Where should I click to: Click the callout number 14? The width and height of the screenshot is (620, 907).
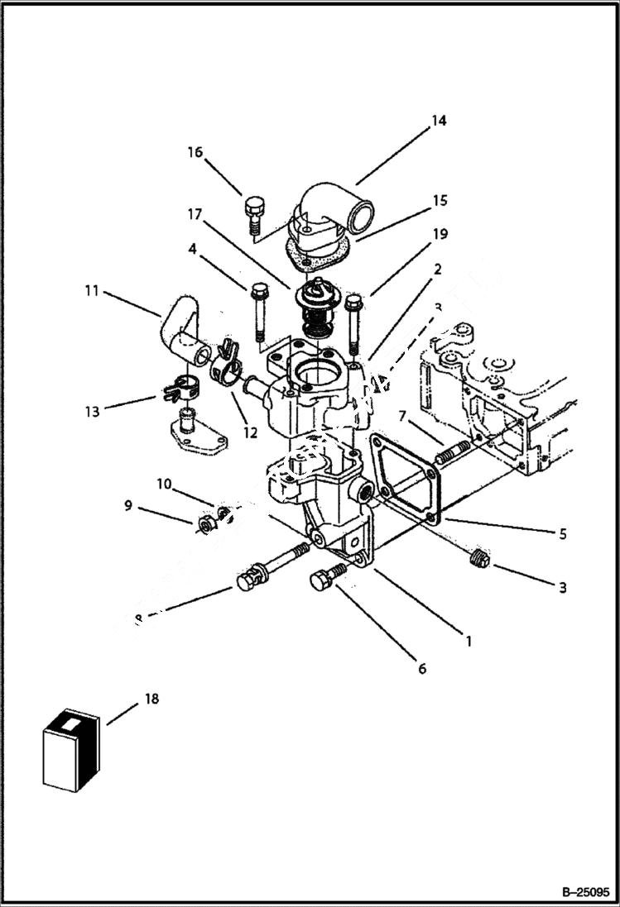click(x=438, y=121)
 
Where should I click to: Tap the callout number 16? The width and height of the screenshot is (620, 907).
click(x=195, y=152)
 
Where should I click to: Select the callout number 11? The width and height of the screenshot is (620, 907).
click(x=91, y=290)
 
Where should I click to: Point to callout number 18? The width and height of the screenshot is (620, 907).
click(x=151, y=699)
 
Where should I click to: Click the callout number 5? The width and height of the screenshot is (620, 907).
click(x=562, y=534)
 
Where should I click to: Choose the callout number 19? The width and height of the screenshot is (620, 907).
click(x=440, y=234)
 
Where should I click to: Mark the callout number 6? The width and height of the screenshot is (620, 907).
click(x=421, y=668)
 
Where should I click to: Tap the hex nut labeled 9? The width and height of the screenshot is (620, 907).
click(x=206, y=525)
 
